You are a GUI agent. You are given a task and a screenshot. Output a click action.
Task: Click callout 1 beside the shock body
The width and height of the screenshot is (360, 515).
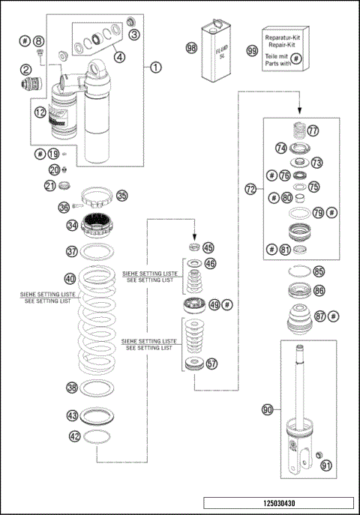point(156,67)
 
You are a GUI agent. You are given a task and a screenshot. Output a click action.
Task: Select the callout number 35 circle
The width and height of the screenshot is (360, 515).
point(121,196)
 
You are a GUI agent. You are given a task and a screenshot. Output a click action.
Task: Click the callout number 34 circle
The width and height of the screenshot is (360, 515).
point(72,224)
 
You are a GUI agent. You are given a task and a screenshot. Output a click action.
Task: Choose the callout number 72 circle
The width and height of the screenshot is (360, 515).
point(250,190)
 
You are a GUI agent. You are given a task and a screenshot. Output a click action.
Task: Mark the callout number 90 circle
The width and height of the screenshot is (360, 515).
point(267,410)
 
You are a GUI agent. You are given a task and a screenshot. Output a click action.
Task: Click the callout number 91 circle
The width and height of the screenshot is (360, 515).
point(325,466)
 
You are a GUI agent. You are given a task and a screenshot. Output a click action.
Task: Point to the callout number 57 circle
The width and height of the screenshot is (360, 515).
point(211,364)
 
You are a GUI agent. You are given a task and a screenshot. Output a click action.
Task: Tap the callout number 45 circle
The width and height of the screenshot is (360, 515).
point(208,248)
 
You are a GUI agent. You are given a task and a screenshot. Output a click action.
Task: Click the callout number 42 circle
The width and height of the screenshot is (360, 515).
point(73,435)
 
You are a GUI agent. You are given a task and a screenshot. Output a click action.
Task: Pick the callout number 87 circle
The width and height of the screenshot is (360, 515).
point(320,316)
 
